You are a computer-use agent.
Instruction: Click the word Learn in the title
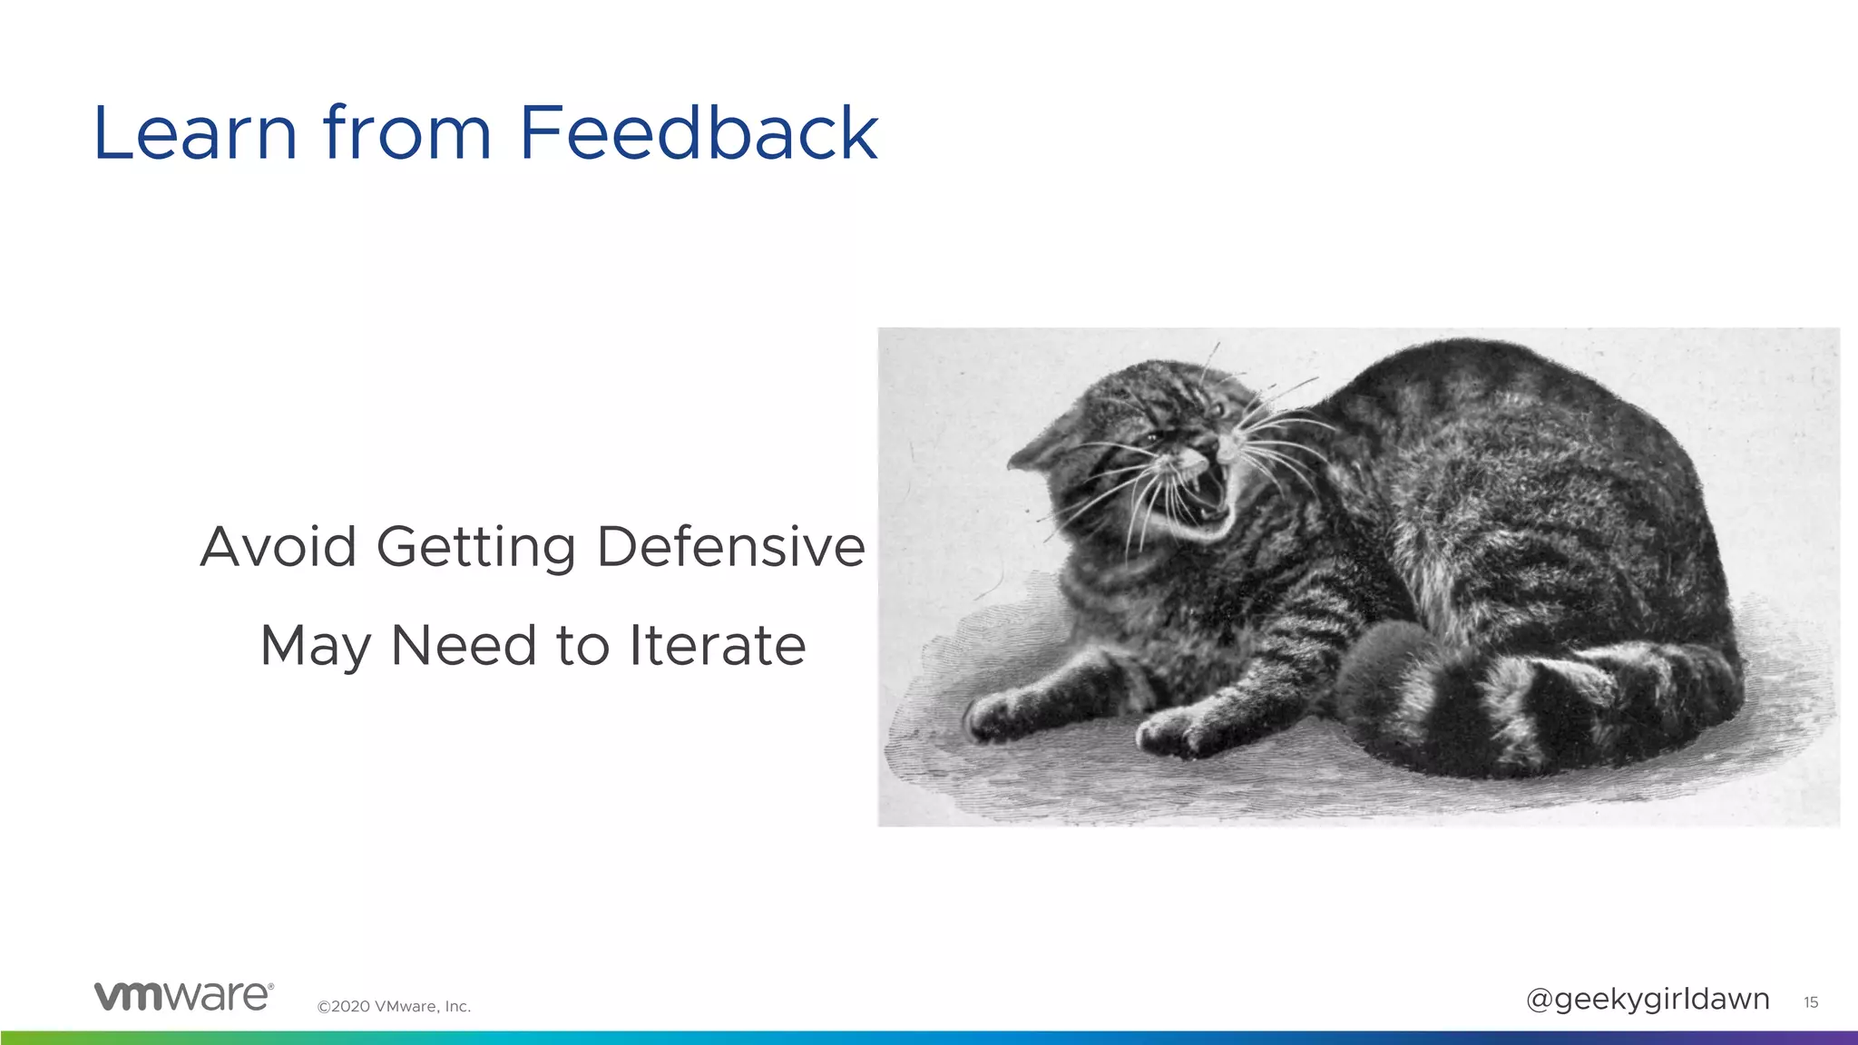pyautogui.click(x=195, y=133)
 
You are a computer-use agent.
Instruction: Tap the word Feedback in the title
pyautogui.click(x=698, y=133)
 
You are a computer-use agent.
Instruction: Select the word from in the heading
pyautogui.click(x=406, y=133)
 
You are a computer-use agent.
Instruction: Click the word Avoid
pyautogui.click(x=278, y=547)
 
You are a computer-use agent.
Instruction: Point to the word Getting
pyautogui.click(x=475, y=549)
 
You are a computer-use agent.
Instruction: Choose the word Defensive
pyautogui.click(x=730, y=547)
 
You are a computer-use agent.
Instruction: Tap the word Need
pyautogui.click(x=463, y=646)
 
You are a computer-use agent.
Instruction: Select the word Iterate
pyautogui.click(x=717, y=646)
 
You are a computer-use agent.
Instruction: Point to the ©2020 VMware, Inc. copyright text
pyautogui.click(x=394, y=1006)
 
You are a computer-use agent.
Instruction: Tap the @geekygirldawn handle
pyautogui.click(x=1648, y=1000)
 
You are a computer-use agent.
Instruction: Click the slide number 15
pyautogui.click(x=1811, y=1002)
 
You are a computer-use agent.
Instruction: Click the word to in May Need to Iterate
pyautogui.click(x=582, y=646)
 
